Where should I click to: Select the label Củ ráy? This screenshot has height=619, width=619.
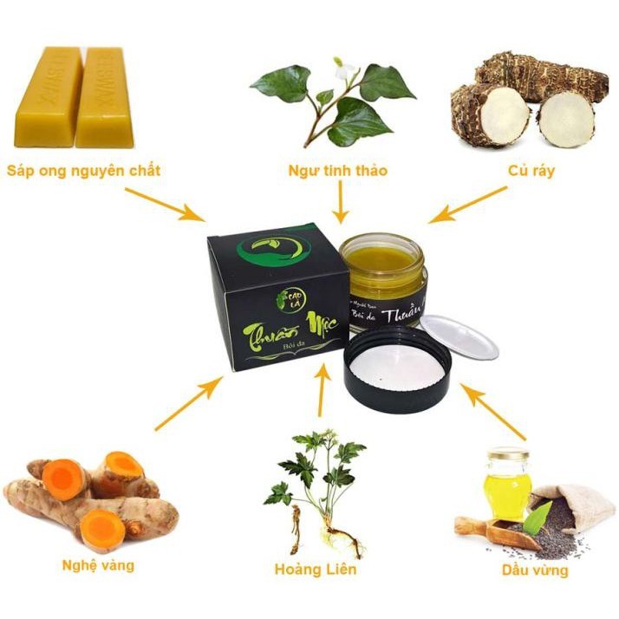(531, 171)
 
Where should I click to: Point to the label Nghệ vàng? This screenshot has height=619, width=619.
(98, 565)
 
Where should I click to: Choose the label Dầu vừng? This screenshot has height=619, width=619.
(536, 570)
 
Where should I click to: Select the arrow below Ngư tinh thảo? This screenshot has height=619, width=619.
(341, 204)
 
